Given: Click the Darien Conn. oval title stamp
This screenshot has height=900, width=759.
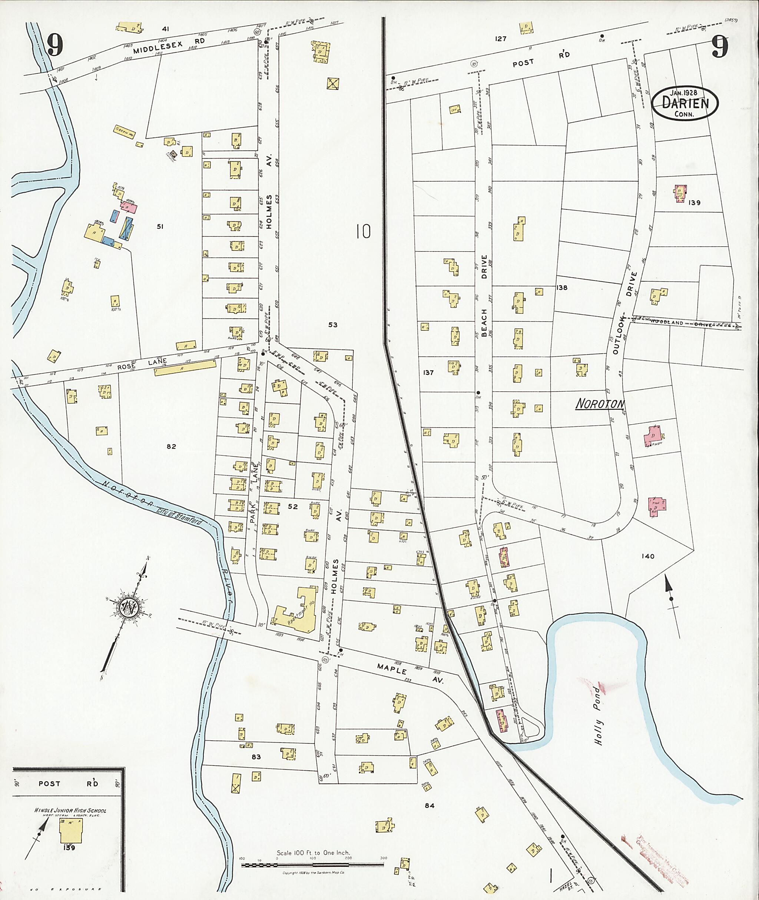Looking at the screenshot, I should click(685, 103).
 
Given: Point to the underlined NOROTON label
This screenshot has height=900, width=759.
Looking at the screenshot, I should click(600, 403).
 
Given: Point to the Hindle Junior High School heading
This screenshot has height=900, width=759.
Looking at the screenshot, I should click(70, 810).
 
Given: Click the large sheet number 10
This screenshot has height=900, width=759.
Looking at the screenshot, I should click(363, 232).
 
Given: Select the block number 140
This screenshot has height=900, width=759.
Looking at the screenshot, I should click(647, 556).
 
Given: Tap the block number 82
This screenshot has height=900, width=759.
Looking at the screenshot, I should click(171, 446).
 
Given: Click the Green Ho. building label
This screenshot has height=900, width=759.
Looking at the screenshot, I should click(125, 131).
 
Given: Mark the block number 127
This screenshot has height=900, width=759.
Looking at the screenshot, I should click(500, 39).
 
